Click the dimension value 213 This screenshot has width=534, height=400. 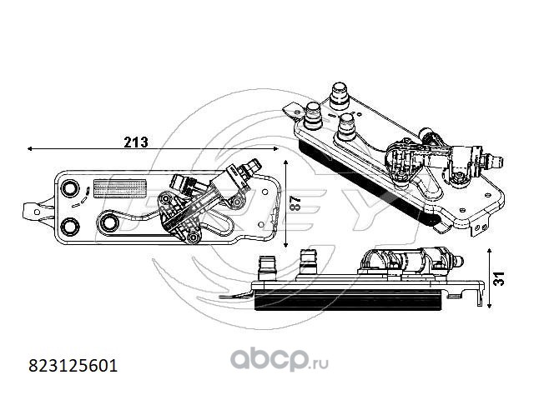click(136, 142)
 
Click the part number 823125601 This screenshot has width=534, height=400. click(73, 366)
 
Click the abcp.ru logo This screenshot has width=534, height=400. click(280, 360)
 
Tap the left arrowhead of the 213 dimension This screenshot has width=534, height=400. click(30, 148)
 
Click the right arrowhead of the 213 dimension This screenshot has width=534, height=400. click(276, 148)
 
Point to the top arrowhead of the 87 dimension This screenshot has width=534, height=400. click(285, 163)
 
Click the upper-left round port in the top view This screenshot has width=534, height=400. click(70, 187)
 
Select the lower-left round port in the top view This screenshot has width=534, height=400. click(70, 226)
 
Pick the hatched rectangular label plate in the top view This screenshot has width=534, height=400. click(120, 188)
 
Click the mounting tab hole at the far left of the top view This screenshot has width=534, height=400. click(37, 212)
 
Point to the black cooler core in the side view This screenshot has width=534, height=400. click(347, 300)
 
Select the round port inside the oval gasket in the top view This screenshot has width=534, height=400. click(109, 223)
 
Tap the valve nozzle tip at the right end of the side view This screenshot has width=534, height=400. click(460, 261)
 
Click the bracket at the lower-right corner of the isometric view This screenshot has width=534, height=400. click(481, 227)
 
